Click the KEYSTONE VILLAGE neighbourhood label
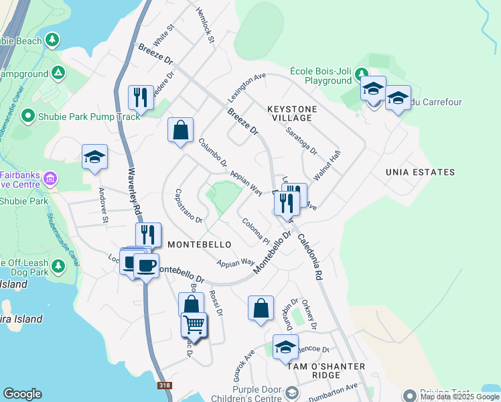[291, 113]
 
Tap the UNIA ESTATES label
[420, 172]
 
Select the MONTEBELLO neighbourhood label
[199, 245]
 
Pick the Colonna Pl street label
[255, 231]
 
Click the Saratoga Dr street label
[301, 141]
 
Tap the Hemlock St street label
[204, 26]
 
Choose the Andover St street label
[103, 205]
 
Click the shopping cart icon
[194, 324]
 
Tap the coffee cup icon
[146, 265]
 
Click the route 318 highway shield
[164, 386]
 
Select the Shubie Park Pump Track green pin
[28, 117]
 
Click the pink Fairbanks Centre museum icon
[50, 179]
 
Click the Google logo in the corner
[22, 394]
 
